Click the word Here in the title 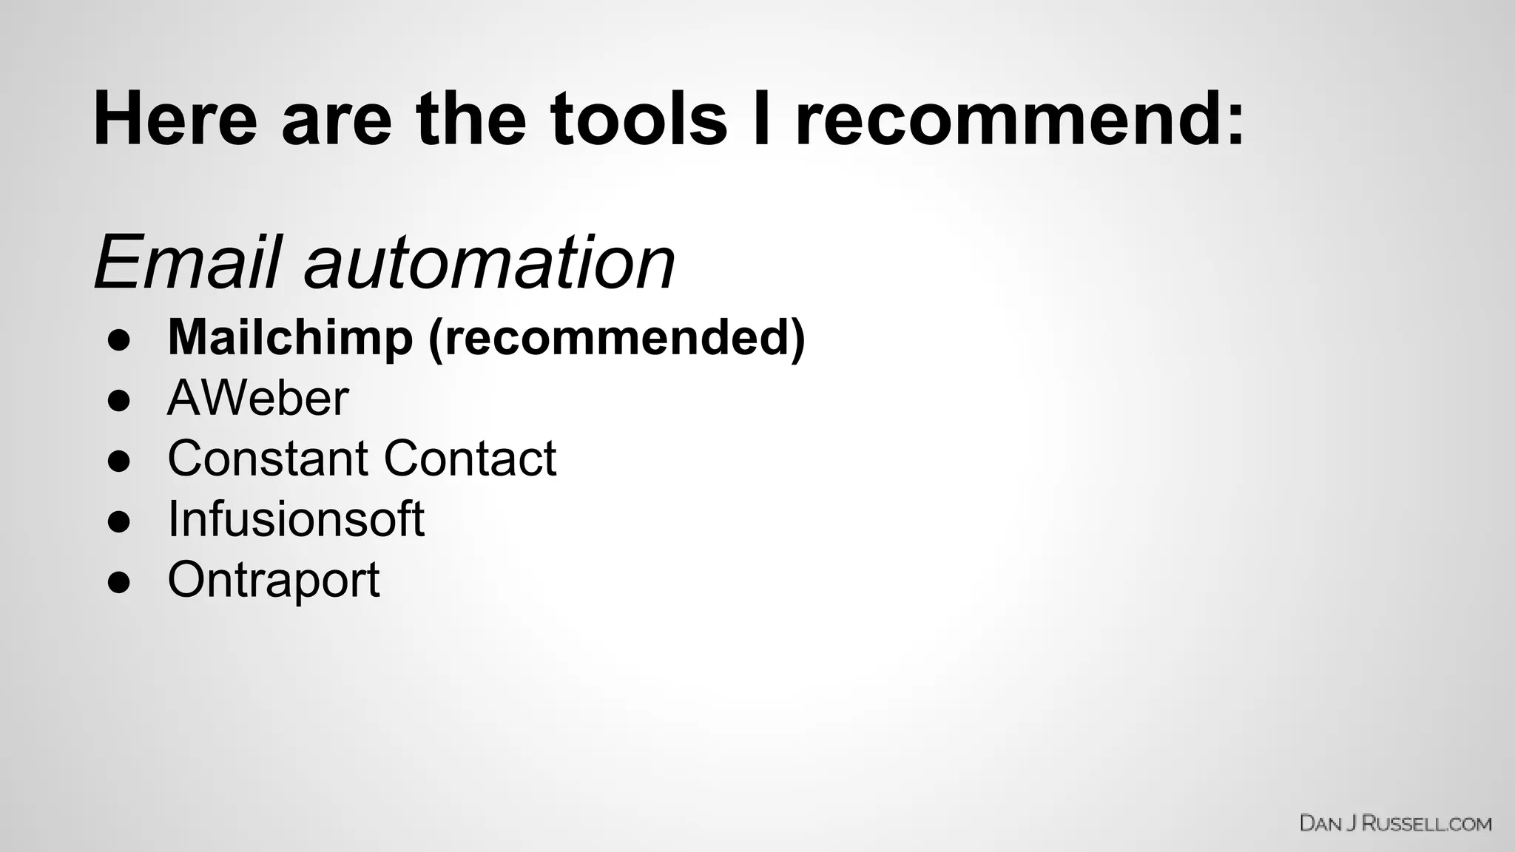(x=175, y=118)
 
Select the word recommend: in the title (x=1020, y=118)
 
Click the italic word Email (x=186, y=263)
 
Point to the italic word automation (x=489, y=263)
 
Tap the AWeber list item (x=257, y=398)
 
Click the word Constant (x=266, y=458)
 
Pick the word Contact (x=470, y=458)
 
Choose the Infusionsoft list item (x=296, y=518)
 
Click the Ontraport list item (x=273, y=579)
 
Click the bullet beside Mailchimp (x=119, y=340)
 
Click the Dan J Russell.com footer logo (x=1395, y=823)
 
